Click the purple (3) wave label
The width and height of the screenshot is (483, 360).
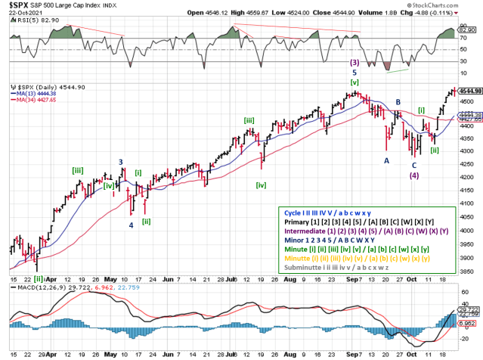click(354, 63)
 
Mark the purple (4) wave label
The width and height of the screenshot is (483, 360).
click(414, 175)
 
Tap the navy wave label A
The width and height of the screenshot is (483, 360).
click(386, 160)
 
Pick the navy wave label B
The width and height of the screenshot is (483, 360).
click(398, 101)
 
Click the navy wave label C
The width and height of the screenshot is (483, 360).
click(413, 165)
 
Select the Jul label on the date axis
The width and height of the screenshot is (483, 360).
click(229, 279)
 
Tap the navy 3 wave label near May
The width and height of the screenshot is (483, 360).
click(121, 162)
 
